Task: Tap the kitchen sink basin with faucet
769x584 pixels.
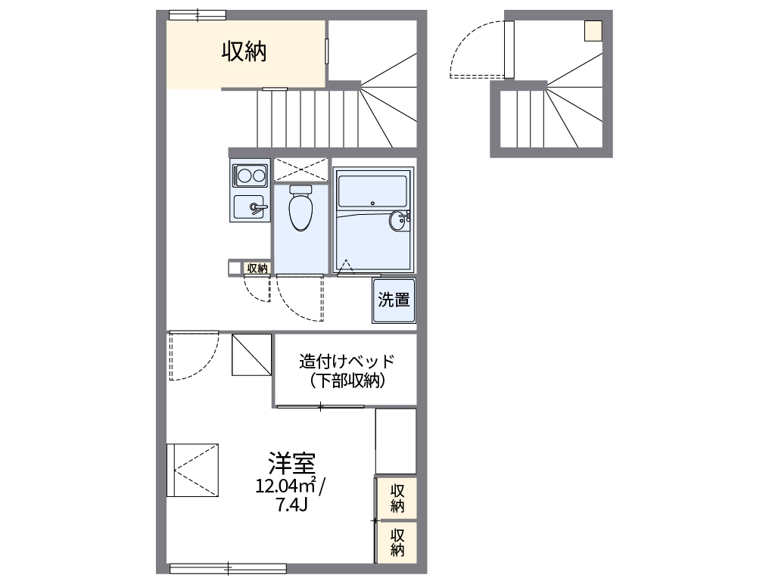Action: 250,207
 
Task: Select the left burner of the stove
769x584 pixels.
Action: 244,176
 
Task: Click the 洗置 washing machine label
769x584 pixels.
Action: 394,300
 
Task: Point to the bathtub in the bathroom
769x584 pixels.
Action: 372,190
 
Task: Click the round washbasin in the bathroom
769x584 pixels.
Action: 398,221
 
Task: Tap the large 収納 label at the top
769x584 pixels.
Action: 244,51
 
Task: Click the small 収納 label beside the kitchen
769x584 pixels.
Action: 257,268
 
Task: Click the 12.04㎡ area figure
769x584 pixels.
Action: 286,486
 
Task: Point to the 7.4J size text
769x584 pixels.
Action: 291,505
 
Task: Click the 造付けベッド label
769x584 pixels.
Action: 347,361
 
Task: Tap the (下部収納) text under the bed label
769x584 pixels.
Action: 347,381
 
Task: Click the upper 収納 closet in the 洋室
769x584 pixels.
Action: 397,497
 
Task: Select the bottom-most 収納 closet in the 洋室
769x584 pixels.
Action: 397,542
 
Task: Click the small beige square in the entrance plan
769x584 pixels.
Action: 593,30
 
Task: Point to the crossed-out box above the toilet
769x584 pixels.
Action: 300,170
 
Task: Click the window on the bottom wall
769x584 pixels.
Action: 228,568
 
